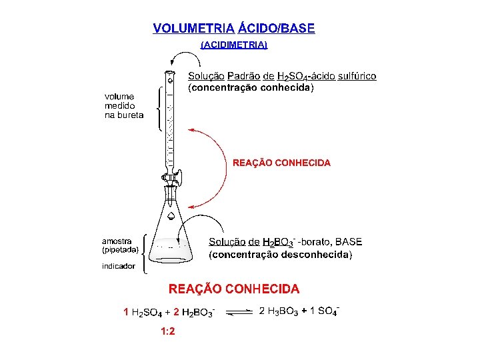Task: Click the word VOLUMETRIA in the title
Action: (x=193, y=29)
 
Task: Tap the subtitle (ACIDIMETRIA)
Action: (x=234, y=45)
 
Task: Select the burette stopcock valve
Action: (x=171, y=177)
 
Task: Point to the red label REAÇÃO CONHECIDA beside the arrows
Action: (x=281, y=163)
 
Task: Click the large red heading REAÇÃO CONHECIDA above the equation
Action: (x=234, y=289)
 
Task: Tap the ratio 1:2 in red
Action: (x=167, y=331)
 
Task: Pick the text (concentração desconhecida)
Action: (x=280, y=255)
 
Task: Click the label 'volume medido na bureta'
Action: (x=123, y=106)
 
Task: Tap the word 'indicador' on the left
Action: (x=118, y=266)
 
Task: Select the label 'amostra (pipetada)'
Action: (x=120, y=245)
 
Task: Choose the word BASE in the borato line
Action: (x=349, y=241)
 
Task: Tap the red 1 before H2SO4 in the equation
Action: (x=126, y=311)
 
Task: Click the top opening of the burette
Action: (x=170, y=73)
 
